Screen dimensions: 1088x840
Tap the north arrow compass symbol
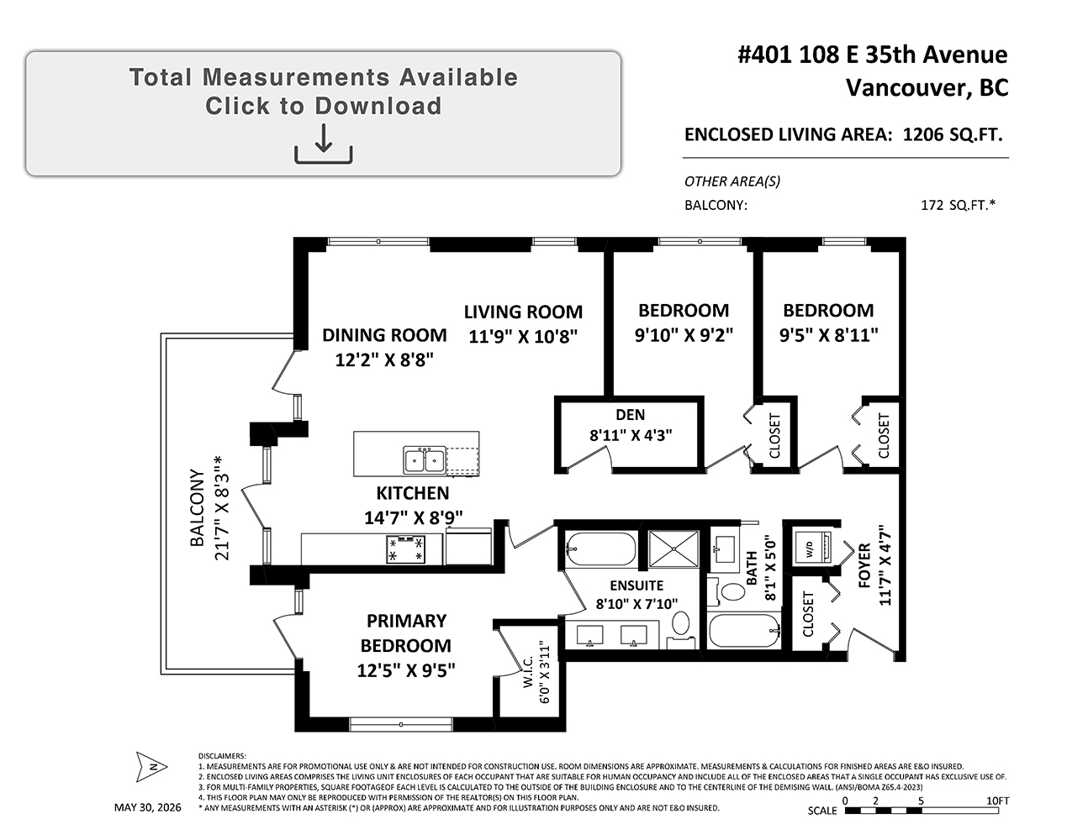pyautogui.click(x=151, y=766)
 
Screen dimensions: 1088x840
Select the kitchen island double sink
pyautogui.click(x=424, y=459)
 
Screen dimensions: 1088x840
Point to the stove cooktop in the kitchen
pyautogui.click(x=405, y=549)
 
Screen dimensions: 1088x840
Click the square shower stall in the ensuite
pyautogui.click(x=673, y=549)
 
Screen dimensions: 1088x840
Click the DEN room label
pyautogui.click(x=630, y=414)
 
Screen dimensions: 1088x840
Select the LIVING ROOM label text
pyautogui.click(x=523, y=312)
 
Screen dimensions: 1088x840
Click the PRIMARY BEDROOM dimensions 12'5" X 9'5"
pyautogui.click(x=406, y=670)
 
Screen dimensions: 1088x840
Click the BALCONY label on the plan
pyautogui.click(x=198, y=507)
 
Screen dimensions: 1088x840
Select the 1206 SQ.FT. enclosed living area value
pyautogui.click(x=953, y=134)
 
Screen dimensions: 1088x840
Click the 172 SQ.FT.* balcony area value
pyautogui.click(x=958, y=205)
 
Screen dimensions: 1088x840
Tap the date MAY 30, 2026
pyautogui.click(x=148, y=807)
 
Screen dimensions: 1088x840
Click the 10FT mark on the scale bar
pyautogui.click(x=998, y=801)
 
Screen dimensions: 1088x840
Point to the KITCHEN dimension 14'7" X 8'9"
pyautogui.click(x=413, y=517)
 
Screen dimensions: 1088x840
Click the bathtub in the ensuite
pyautogui.click(x=601, y=549)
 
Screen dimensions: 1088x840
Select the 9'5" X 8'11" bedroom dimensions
pyautogui.click(x=829, y=335)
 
